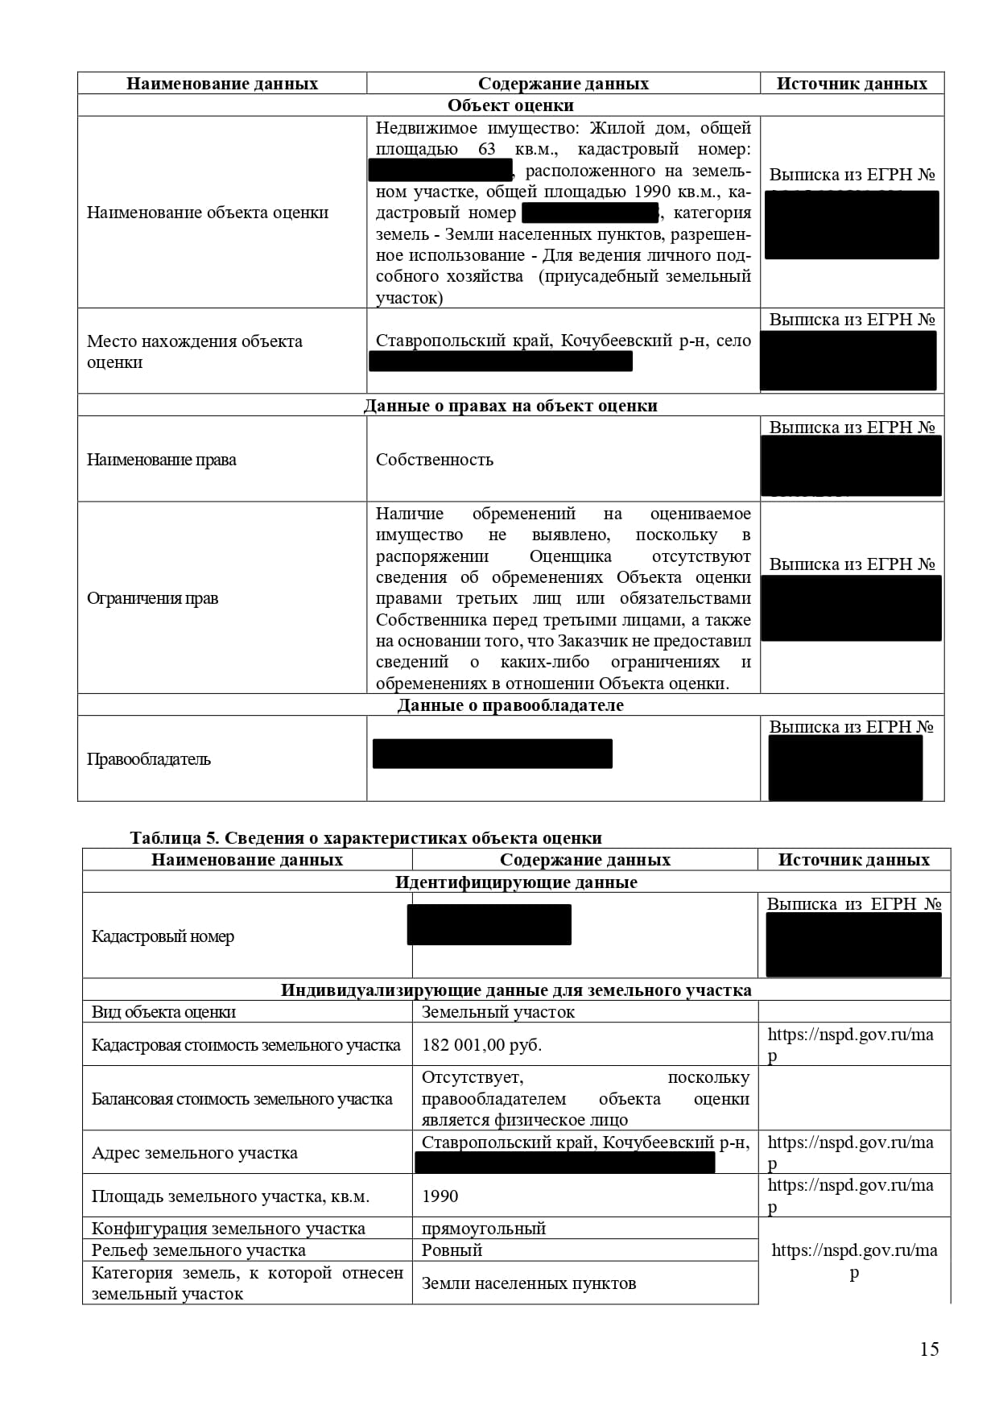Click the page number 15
pyautogui.click(x=929, y=1349)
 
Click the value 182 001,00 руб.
pyautogui.click(x=481, y=1045)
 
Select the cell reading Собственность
pyautogui.click(x=435, y=460)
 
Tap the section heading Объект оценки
pyautogui.click(x=510, y=105)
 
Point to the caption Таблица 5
pyautogui.click(x=173, y=837)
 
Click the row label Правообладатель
pyautogui.click(x=149, y=759)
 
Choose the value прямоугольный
pyautogui.click(x=484, y=1229)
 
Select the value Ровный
pyautogui.click(x=452, y=1250)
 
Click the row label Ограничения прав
pyautogui.click(x=152, y=598)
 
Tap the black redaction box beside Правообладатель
pyautogui.click(x=492, y=754)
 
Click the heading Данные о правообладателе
pyautogui.click(x=510, y=705)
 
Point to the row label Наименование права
pyautogui.click(x=161, y=460)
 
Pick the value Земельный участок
pyautogui.click(x=497, y=1012)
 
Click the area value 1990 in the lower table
pyautogui.click(x=440, y=1196)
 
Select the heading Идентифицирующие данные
pyautogui.click(x=516, y=882)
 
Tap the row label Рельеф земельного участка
pyautogui.click(x=198, y=1250)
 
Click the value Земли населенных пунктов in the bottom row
pyautogui.click(x=529, y=1283)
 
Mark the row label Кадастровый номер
pyautogui.click(x=163, y=936)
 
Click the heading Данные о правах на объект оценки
pyautogui.click(x=510, y=406)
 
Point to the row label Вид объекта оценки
pyautogui.click(x=163, y=1012)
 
